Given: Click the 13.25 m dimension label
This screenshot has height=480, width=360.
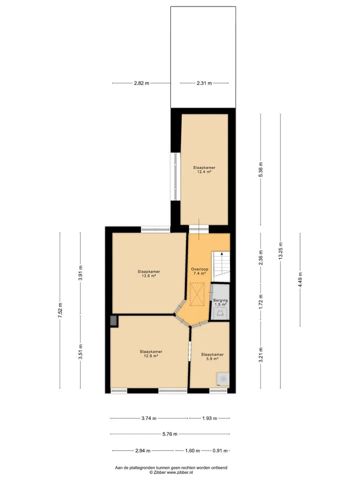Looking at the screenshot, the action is pos(280,251).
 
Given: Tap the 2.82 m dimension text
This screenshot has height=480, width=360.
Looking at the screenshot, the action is pos(141,83).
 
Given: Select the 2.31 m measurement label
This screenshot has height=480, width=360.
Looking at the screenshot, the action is pos(204,83).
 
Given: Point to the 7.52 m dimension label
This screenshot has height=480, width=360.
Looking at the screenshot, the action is pos(60,310).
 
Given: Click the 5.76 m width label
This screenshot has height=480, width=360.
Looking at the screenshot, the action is pos(170,434).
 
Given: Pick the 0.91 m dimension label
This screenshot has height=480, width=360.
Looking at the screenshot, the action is pos(220,450).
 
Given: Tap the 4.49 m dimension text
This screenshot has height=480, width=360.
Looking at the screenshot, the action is pos(300,279).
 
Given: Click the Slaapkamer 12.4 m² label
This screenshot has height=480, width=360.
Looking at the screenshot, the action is pos(204,169).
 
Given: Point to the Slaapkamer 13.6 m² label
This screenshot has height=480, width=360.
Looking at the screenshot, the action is pos(149,273).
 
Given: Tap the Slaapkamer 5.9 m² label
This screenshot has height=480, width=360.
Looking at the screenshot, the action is pos(212,356).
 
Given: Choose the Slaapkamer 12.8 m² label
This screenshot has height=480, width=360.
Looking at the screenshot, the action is pos(151,353).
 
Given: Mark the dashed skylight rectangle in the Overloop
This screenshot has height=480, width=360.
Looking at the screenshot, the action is pos(197,294).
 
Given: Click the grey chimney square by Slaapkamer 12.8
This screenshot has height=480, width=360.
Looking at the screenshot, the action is pos(113,320).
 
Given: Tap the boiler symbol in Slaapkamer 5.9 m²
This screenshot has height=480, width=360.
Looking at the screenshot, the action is pos(222,378).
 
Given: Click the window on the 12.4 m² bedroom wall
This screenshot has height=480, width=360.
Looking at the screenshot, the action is pos(175,176).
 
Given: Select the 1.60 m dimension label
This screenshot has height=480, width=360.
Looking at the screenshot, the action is pos(192,450).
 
